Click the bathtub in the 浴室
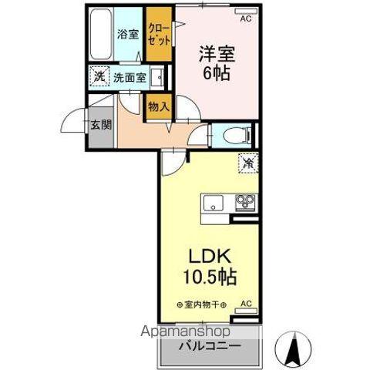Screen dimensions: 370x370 (x=101, y=34)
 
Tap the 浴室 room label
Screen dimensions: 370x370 (x=128, y=34)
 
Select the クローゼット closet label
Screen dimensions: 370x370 (x=159, y=35)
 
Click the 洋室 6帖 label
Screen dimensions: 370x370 (x=217, y=63)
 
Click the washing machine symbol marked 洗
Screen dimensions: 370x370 (x=99, y=76)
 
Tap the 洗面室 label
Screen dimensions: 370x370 (x=129, y=77)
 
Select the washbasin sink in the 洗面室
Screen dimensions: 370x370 (x=157, y=77)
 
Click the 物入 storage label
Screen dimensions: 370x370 (x=159, y=106)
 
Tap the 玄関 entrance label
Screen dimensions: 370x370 (x=101, y=125)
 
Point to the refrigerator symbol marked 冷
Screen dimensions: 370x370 (x=248, y=163)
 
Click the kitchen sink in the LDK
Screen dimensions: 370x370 (x=214, y=203)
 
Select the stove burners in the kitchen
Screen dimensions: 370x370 (x=246, y=202)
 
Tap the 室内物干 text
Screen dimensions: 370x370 (x=202, y=305)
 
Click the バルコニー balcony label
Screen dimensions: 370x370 (x=210, y=346)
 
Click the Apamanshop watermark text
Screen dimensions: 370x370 (x=185, y=331)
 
